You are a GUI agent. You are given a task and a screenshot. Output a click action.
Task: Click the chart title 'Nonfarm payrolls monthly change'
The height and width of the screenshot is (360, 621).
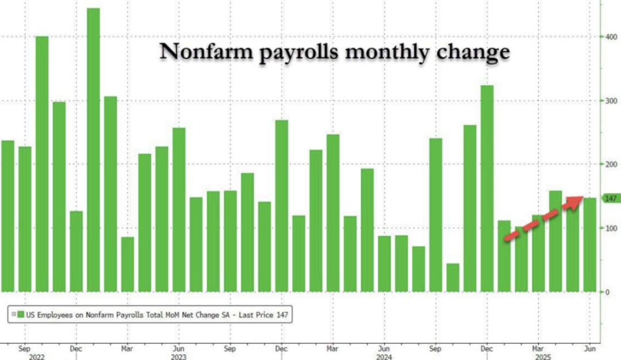[334, 52]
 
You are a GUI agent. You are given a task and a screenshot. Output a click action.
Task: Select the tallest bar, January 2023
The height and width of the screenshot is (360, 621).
[93, 150]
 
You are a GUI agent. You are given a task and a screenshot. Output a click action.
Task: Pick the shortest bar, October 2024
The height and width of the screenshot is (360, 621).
[453, 278]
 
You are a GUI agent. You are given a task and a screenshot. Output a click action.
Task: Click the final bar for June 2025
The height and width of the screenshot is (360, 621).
[589, 245]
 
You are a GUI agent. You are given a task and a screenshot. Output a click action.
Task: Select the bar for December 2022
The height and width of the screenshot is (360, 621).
[76, 251]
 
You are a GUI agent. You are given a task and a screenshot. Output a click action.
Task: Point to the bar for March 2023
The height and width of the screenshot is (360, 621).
[127, 265]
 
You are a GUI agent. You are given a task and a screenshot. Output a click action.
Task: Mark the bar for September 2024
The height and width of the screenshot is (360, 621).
[436, 215]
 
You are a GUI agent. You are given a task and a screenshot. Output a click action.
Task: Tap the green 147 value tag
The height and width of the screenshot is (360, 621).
[611, 198]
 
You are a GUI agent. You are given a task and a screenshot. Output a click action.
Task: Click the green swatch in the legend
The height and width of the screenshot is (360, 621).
[21, 315]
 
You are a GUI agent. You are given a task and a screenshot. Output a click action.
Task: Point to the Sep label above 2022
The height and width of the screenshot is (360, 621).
[24, 348]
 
